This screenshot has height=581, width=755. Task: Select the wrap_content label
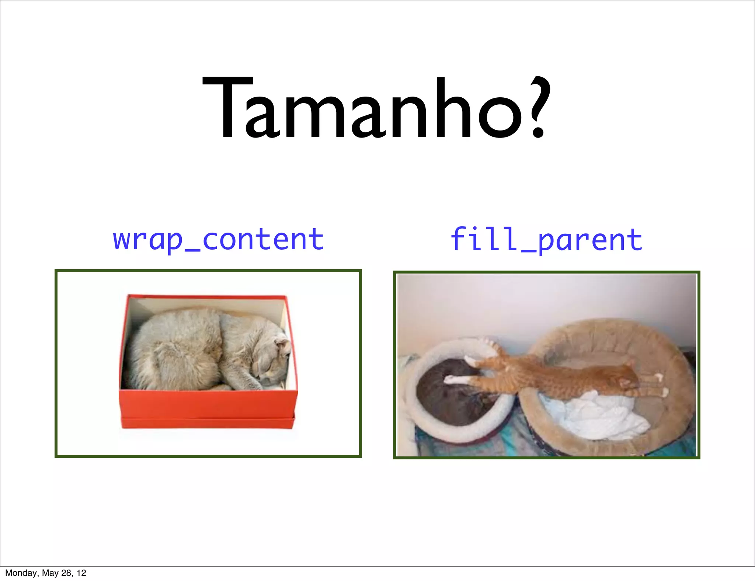218,240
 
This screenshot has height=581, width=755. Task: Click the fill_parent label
546,240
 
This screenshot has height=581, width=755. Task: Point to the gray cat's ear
282,345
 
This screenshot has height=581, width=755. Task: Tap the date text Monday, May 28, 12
45,573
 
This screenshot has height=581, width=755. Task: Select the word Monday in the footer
21,573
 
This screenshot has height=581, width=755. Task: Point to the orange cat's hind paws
662,385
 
